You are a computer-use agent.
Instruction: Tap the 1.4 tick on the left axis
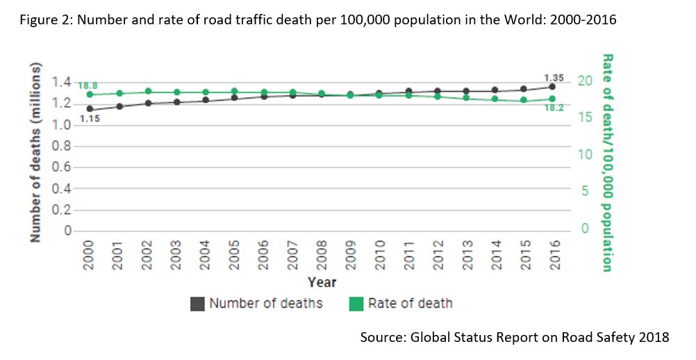[x=62, y=83]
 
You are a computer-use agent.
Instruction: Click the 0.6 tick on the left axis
[x=62, y=167]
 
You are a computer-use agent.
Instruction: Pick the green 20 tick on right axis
[x=586, y=81]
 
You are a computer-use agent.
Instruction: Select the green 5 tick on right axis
[x=586, y=191]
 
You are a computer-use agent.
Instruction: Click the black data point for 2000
[x=90, y=109]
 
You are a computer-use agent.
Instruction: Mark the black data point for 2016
[x=552, y=87]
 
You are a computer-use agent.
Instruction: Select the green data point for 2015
[x=523, y=101]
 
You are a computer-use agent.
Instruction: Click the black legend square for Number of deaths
[x=197, y=304]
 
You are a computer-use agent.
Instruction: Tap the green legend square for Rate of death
[x=356, y=304]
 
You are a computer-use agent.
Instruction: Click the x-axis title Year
[x=322, y=282]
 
